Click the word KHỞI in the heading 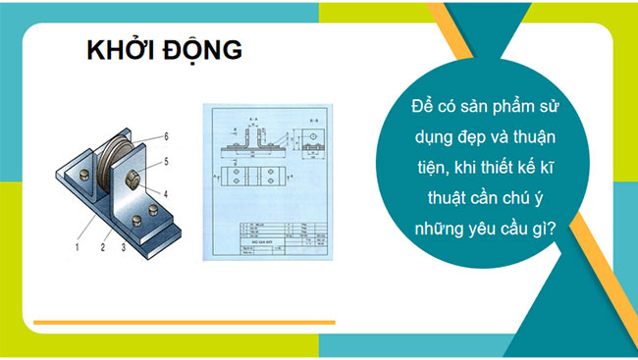pos(116,50)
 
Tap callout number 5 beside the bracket pos(167,160)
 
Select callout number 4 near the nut pos(167,192)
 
